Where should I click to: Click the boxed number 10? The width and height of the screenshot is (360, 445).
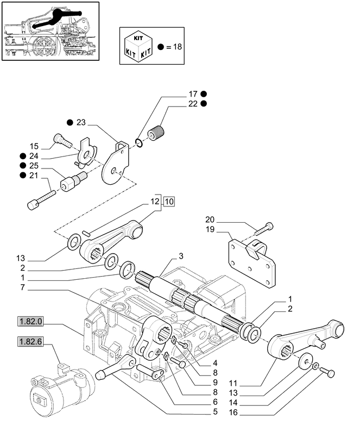pyautogui.click(x=169, y=202)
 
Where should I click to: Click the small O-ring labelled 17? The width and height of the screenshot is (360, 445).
pyautogui.click(x=140, y=142)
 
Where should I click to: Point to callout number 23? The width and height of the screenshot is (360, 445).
pyautogui.click(x=81, y=123)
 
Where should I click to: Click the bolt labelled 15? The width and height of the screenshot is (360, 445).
pyautogui.click(x=62, y=141)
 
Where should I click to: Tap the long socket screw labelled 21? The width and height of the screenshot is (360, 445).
pyautogui.click(x=40, y=198)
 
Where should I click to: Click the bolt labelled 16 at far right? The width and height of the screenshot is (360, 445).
pyautogui.click(x=327, y=372)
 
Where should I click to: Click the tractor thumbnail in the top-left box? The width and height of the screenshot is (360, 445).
pyautogui.click(x=50, y=32)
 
